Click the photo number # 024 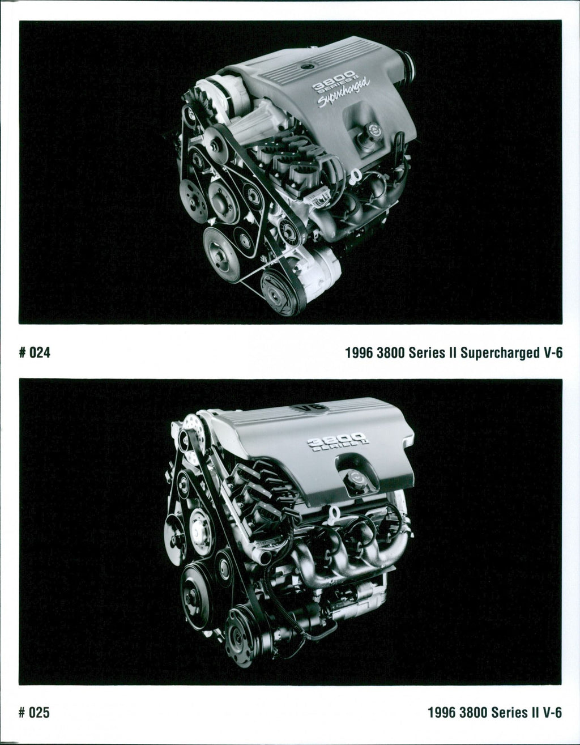coord(35,352)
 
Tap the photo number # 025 coord(35,712)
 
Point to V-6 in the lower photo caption coord(553,712)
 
